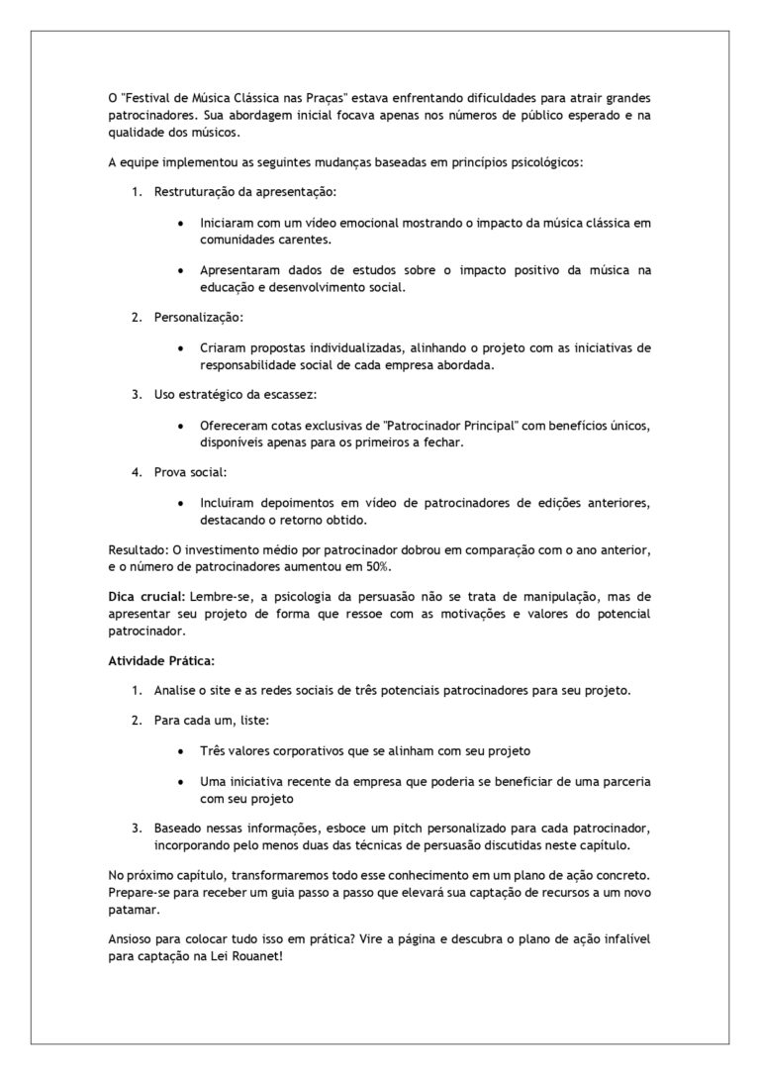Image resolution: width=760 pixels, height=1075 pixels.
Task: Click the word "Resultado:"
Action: coord(138,549)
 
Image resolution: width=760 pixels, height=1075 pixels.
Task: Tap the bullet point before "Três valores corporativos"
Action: coord(178,751)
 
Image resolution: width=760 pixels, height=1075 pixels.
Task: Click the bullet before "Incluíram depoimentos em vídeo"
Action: coord(178,504)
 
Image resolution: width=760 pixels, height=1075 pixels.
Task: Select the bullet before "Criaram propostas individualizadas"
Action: coord(178,349)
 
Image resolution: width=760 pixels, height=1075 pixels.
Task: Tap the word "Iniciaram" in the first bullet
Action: coord(228,223)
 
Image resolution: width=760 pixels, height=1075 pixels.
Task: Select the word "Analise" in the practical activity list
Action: coord(176,690)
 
